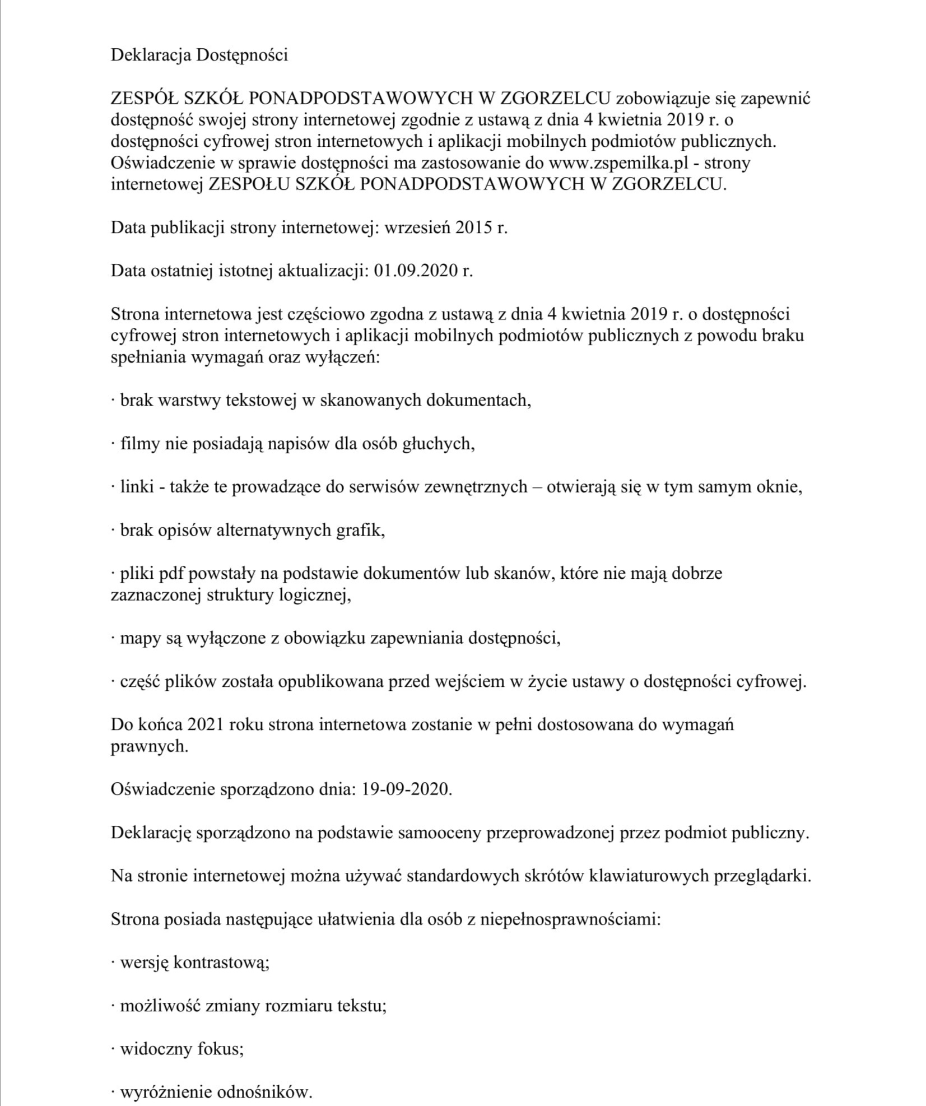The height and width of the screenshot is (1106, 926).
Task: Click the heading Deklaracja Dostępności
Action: [x=199, y=55]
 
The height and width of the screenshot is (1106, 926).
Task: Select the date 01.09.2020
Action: [x=415, y=271]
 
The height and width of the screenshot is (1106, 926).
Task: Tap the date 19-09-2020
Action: [x=406, y=789]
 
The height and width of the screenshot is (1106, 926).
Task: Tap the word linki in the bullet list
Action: [x=137, y=486]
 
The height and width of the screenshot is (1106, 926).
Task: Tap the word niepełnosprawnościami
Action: [x=570, y=919]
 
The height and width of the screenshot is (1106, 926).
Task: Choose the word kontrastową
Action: [x=221, y=963]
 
